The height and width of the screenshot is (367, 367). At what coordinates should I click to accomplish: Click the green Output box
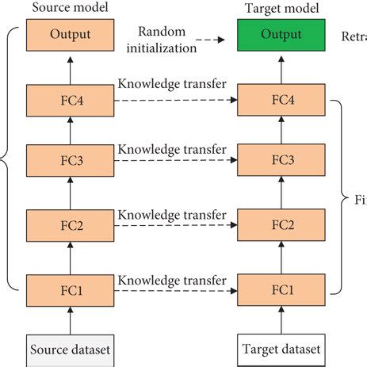coord(281,36)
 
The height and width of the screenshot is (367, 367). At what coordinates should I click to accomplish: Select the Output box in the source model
coord(71,36)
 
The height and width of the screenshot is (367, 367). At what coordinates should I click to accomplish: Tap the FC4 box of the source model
coord(71,101)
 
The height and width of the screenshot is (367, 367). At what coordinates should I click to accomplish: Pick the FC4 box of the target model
coord(281,101)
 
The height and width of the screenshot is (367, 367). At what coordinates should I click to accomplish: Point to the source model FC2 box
coord(71,224)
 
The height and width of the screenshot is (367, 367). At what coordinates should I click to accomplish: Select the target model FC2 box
coord(281,224)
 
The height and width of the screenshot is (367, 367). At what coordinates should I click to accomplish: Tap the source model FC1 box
coord(71,288)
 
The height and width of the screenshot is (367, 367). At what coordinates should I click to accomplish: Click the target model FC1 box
coord(281,288)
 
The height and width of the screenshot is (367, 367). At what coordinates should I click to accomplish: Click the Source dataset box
coord(71,348)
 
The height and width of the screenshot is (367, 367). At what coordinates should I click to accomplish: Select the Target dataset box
coord(281,348)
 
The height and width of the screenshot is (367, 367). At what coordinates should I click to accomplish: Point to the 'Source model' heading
coord(71,7)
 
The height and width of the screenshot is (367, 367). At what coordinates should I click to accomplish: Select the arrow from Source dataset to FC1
coord(71,318)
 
